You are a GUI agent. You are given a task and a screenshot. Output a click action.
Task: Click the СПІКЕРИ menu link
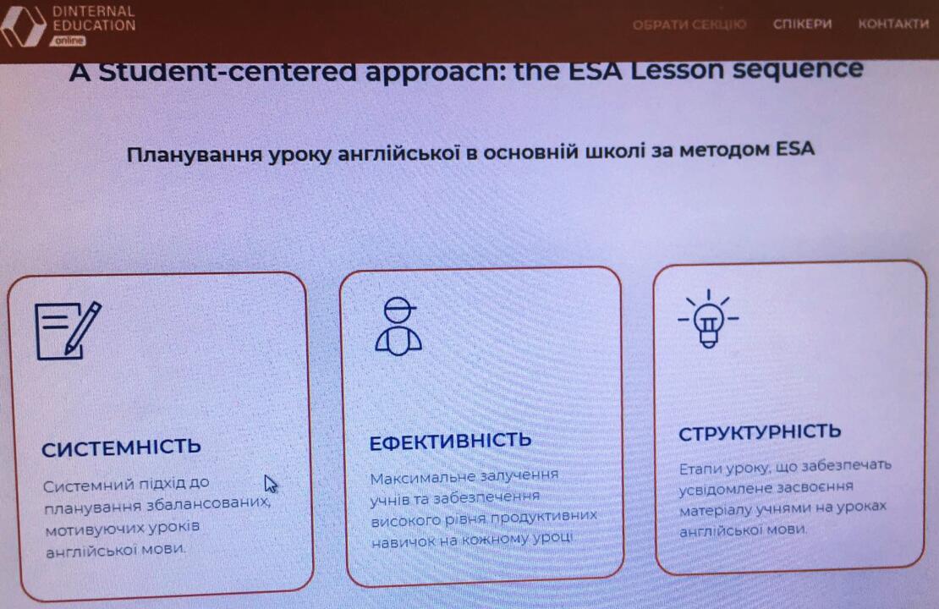[803, 24]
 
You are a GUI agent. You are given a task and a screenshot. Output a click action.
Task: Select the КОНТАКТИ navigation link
[893, 24]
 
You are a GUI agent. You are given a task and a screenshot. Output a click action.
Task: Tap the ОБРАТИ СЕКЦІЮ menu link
[689, 25]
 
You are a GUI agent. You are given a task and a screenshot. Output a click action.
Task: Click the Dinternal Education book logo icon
[23, 25]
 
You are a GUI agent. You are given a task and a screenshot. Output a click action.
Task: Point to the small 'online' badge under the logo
[69, 41]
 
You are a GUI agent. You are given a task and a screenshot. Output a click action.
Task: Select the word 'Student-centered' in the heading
[228, 72]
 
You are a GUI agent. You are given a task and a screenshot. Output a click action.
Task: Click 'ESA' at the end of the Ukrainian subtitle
[794, 148]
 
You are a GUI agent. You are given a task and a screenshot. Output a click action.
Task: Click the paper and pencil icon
[68, 331]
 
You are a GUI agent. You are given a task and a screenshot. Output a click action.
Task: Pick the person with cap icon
[398, 326]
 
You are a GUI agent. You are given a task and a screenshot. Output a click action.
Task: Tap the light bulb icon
[708, 319]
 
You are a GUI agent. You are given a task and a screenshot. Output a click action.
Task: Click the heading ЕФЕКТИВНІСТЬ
[450, 442]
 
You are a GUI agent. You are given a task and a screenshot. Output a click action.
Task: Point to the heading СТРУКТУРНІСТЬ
[760, 432]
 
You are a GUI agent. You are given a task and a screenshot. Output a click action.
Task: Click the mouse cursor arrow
[271, 483]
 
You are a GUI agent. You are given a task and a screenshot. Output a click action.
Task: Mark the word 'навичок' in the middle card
[395, 542]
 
